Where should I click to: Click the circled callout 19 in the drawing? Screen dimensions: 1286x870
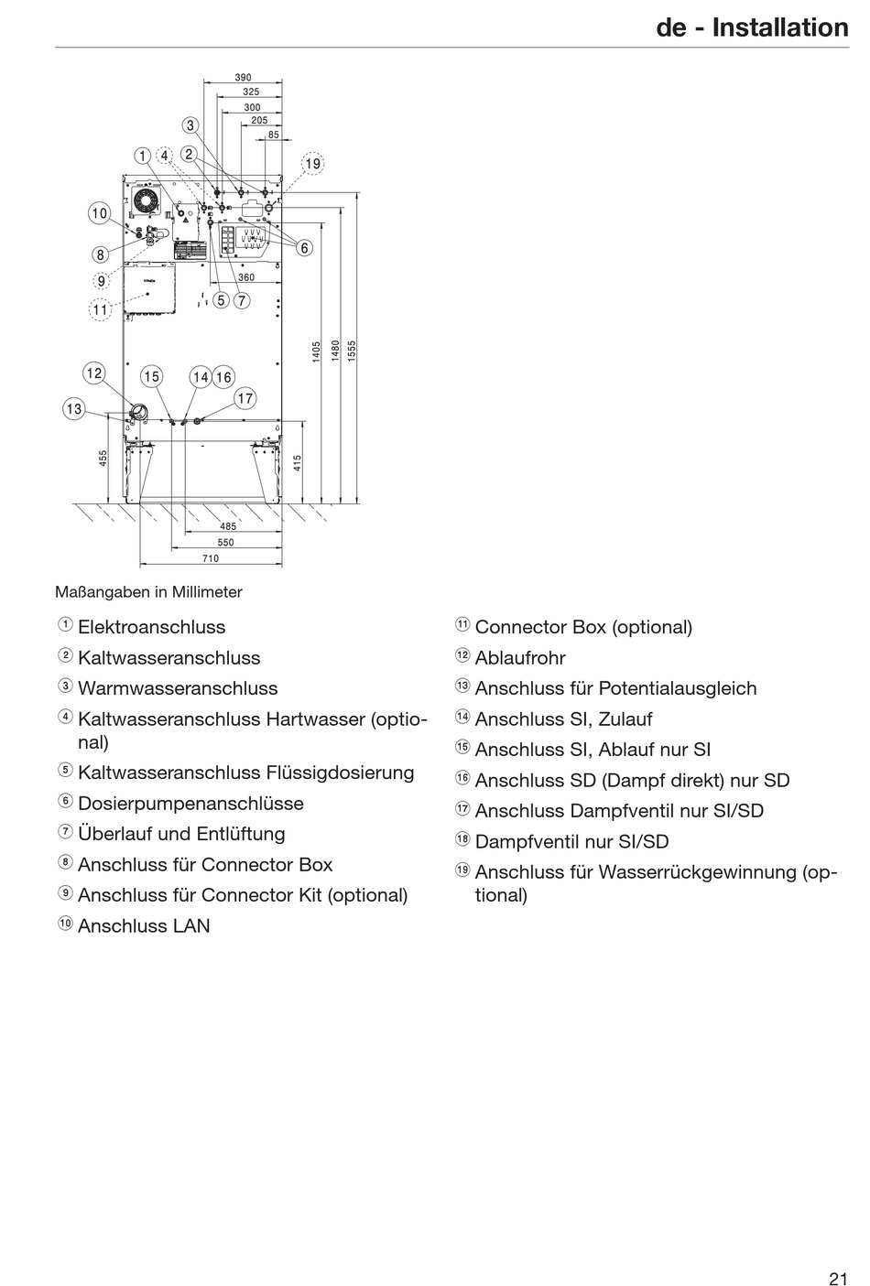tap(313, 164)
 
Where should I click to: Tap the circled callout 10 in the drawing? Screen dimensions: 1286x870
tap(99, 213)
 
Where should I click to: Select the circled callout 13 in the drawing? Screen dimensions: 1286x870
tap(74, 409)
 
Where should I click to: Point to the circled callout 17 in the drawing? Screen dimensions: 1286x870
tap(245, 398)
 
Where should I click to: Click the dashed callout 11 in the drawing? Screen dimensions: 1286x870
tap(100, 310)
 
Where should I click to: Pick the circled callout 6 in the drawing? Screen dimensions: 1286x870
tap(304, 247)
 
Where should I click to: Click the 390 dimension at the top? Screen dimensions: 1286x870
tap(243, 79)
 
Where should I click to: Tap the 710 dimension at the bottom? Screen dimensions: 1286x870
tap(211, 558)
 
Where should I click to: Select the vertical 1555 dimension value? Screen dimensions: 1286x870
tap(353, 351)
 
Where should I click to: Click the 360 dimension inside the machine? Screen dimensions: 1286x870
tap(246, 276)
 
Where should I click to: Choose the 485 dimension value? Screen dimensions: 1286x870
tap(228, 526)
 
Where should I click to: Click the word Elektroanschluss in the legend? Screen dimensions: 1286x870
tap(151, 627)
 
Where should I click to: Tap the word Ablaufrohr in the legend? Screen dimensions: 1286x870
tap(520, 658)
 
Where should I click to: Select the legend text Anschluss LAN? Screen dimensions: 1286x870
tap(144, 925)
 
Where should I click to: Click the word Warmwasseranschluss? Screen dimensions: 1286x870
tap(178, 688)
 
